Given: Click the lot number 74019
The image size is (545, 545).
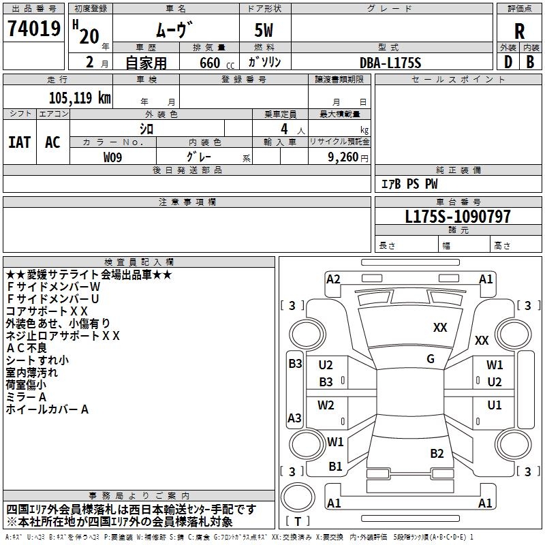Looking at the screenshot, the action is pyautogui.click(x=34, y=28).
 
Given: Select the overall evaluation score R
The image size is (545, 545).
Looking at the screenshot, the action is pyautogui.click(x=519, y=31).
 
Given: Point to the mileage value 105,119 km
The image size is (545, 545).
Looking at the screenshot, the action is pyautogui.click(x=80, y=98).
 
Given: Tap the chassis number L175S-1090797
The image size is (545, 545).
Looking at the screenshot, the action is pyautogui.click(x=458, y=216).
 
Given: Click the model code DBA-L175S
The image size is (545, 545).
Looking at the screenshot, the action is pyautogui.click(x=390, y=63).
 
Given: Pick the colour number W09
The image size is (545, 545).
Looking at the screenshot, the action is pyautogui.click(x=112, y=157).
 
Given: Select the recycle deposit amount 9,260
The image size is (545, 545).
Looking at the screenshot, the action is pyautogui.click(x=343, y=157).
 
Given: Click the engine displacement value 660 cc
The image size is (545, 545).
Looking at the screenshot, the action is pyautogui.click(x=217, y=63).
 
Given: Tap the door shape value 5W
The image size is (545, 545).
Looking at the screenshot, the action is pyautogui.click(x=264, y=30).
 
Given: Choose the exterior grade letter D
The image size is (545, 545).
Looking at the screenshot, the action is pyautogui.click(x=508, y=62).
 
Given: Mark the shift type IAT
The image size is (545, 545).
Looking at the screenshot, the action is pyautogui.click(x=19, y=142).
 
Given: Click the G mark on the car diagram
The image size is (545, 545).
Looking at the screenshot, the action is pyautogui.click(x=431, y=359).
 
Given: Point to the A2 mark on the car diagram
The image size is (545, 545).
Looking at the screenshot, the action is pyautogui.click(x=333, y=279).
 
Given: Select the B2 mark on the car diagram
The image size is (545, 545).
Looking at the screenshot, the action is pyautogui.click(x=437, y=453).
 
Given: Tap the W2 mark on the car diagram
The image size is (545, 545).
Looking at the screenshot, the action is pyautogui.click(x=326, y=405).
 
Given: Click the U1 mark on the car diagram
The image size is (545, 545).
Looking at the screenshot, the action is pyautogui.click(x=495, y=405).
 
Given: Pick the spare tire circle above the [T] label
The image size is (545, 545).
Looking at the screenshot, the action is pyautogui.click(x=298, y=497).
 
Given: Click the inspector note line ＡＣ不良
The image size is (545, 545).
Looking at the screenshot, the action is pyautogui.click(x=27, y=348).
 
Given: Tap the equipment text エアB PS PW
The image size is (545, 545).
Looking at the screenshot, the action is pyautogui.click(x=409, y=183).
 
